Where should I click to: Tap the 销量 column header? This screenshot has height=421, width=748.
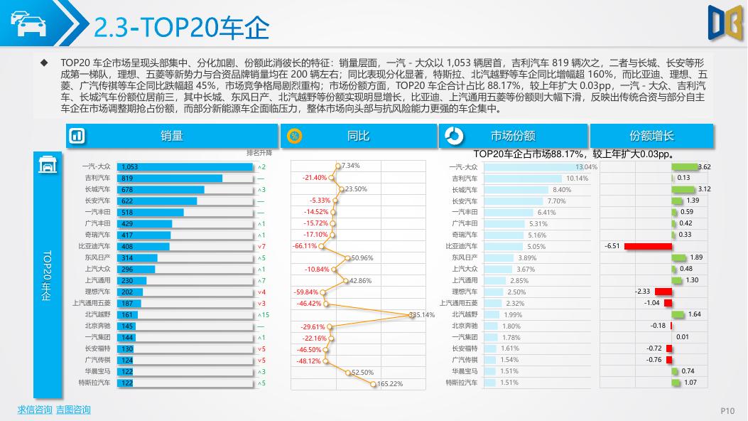tap(172, 136)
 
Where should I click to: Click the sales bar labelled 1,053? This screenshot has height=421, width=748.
tap(185, 167)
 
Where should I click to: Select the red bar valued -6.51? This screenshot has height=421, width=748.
tap(649, 246)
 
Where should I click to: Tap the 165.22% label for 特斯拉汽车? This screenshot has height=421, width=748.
tap(390, 384)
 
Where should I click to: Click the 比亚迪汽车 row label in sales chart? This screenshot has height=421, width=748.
tap(94, 246)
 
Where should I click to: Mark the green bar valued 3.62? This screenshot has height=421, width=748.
tap(685, 167)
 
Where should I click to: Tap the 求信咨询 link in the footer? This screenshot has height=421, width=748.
tap(35, 410)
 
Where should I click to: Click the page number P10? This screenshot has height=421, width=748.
tap(727, 410)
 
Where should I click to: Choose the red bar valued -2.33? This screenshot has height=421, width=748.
tap(663, 292)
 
